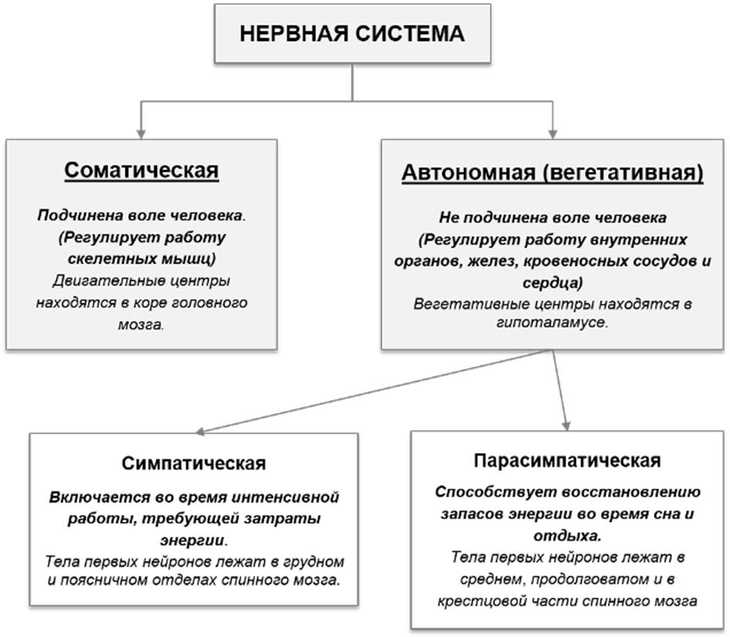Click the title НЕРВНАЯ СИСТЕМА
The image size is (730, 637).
[x=352, y=34]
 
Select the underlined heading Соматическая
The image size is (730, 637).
[x=142, y=171]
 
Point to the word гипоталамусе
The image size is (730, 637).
[x=552, y=322]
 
